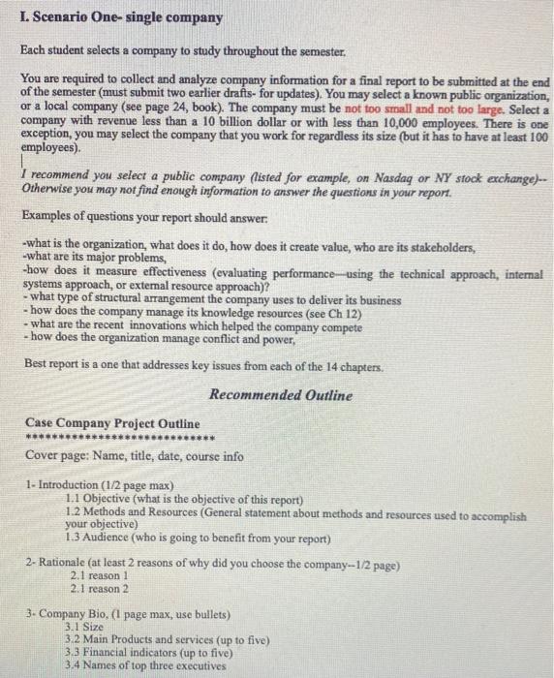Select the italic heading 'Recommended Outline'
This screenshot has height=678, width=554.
(x=281, y=395)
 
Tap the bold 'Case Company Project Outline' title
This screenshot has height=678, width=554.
(x=113, y=423)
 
